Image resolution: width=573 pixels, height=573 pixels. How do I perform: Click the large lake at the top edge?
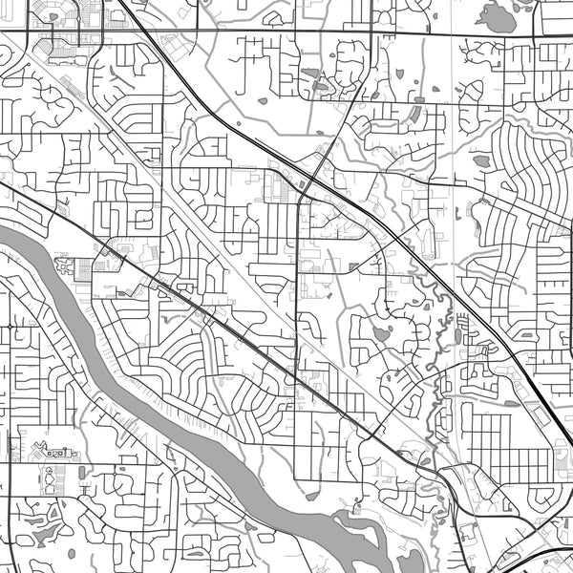click(496, 16)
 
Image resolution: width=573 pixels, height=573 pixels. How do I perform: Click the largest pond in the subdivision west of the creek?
click(382, 334)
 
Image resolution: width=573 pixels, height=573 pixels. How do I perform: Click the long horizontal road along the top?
click(286, 32)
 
